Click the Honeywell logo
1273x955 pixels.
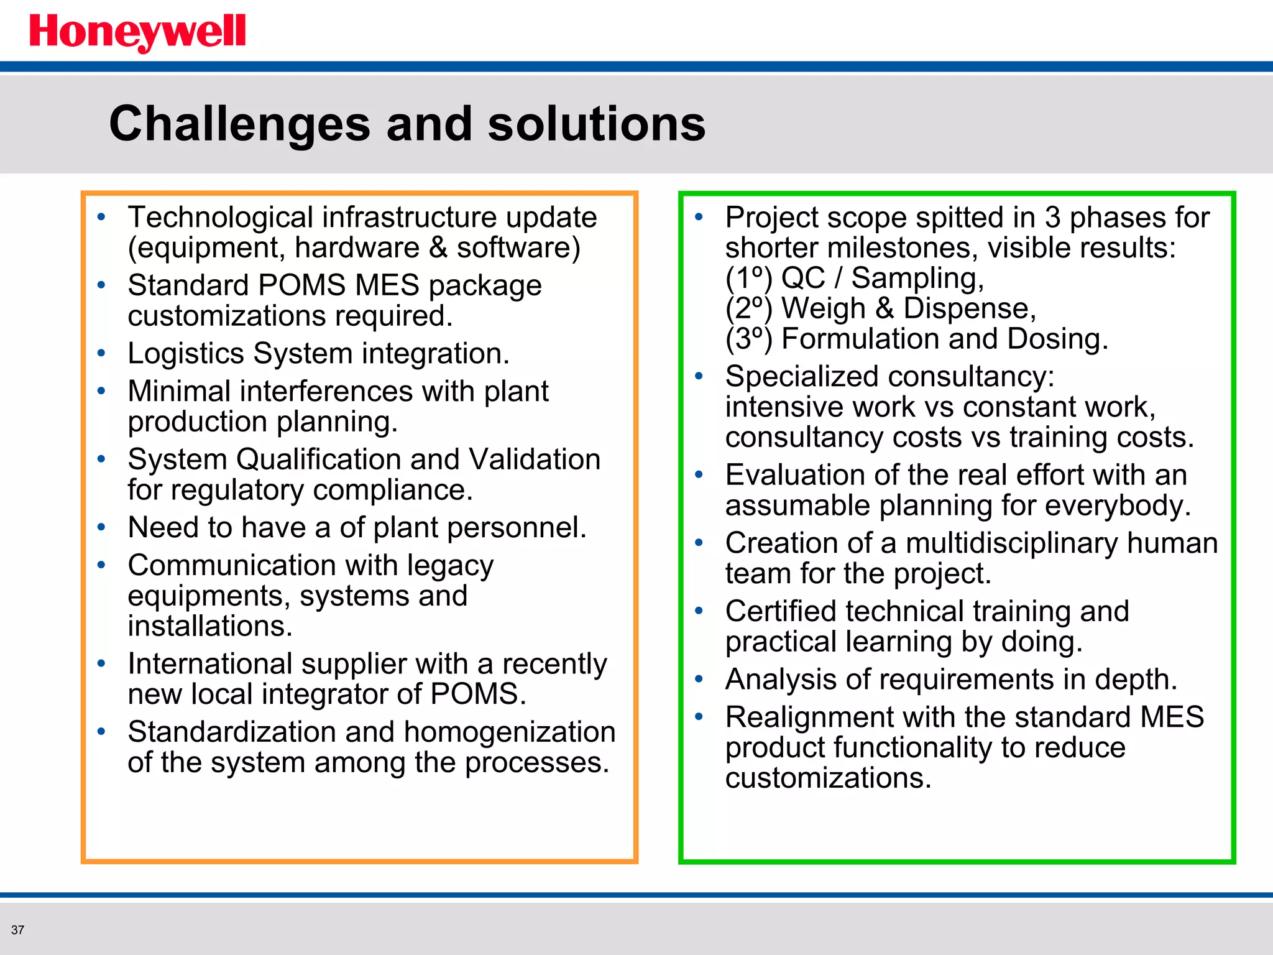coord(137,32)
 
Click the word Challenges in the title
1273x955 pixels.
coord(239,124)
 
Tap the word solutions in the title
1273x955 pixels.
coord(596,124)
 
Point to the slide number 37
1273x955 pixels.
coord(17,930)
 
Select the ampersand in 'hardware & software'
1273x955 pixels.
coord(438,247)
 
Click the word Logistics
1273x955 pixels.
coord(186,354)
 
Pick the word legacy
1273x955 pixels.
coord(450,566)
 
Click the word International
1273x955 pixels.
coord(209,664)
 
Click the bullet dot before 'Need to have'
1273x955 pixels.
coord(101,527)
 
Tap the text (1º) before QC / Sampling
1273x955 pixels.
coord(748,278)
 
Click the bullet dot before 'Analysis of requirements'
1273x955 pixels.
coord(699,679)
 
